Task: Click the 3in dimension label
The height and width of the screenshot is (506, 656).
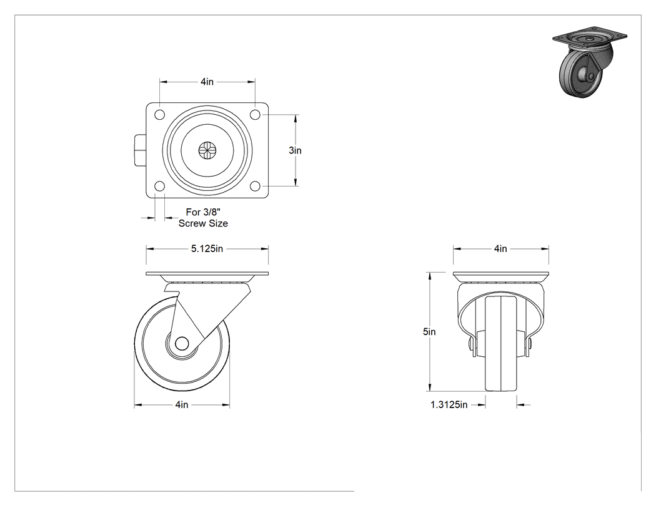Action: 295,150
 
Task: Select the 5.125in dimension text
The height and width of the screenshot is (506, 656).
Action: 207,249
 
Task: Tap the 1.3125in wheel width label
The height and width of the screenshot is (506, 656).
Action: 449,405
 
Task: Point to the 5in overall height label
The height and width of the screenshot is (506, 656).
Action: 429,332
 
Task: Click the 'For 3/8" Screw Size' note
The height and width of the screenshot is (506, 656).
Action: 203,218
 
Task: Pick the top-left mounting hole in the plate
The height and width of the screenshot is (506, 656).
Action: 160,115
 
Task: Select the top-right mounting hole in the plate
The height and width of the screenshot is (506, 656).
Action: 255,115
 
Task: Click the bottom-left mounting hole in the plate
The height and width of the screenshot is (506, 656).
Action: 160,186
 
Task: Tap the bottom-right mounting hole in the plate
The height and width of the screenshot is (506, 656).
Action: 255,186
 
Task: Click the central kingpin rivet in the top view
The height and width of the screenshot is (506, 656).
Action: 207,150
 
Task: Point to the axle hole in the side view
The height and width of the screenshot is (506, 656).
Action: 182,343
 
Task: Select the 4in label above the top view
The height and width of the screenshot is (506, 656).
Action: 207,82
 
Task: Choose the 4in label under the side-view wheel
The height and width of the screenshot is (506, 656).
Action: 182,405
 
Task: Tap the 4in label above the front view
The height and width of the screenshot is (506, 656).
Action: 500,249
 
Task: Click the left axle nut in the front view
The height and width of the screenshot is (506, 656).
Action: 471,344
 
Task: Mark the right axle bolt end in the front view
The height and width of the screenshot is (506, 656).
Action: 530,344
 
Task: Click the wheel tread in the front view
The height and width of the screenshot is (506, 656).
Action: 501,343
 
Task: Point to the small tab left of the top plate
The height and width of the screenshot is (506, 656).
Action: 141,150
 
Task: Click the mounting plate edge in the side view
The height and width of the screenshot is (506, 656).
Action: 207,274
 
